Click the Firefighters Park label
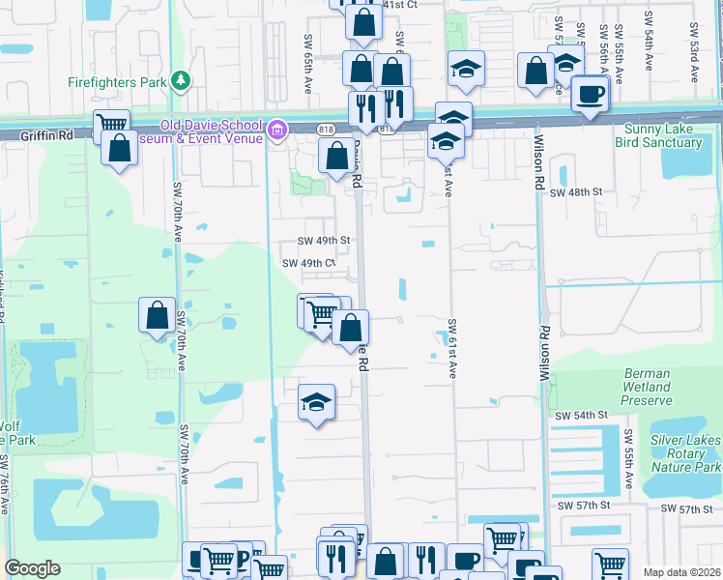117,82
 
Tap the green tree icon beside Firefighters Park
179,79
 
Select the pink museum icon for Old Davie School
277,129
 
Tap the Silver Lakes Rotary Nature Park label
685,452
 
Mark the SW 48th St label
575,192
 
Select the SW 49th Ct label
308,263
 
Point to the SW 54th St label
580,414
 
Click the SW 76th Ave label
7,483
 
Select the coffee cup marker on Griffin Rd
589,95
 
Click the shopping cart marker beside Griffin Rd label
112,124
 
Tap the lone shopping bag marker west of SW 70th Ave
157,315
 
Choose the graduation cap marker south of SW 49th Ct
316,401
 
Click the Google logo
32,568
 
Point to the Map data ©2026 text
682,572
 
